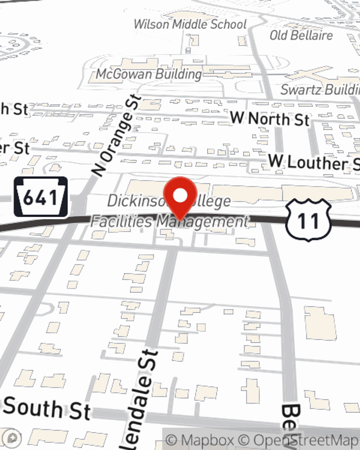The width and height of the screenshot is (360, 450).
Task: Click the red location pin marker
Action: coord(180,198)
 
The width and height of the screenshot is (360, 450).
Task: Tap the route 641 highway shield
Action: coord(41,197)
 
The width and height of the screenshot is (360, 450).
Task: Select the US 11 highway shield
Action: coord(308,220)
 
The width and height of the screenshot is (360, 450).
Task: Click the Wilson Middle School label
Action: coord(190,24)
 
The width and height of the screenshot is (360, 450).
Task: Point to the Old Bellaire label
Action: coord(301,35)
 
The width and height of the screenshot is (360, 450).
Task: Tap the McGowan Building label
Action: coord(149,74)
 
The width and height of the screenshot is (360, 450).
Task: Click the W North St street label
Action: coord(270,118)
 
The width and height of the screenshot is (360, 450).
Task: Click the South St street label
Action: coord(47,408)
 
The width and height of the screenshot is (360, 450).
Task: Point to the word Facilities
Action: coord(121,221)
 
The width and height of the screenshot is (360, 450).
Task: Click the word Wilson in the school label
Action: coord(152,24)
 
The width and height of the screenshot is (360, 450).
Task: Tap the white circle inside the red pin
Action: coord(180,195)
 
